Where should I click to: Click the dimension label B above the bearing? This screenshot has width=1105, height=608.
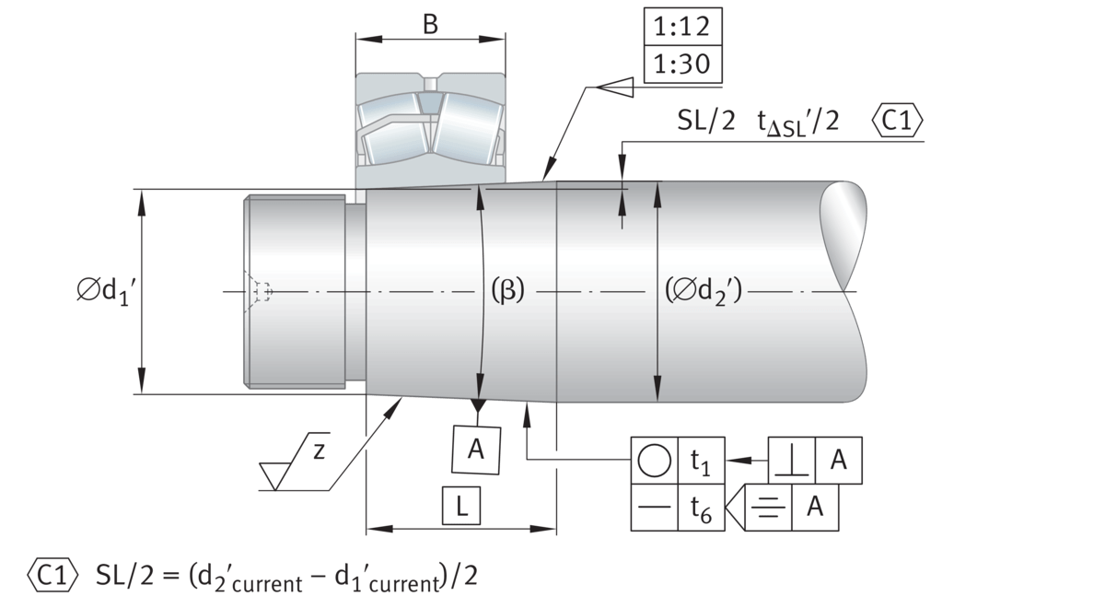pyautogui.click(x=430, y=25)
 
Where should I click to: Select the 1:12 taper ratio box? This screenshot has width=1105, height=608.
pyautogui.click(x=682, y=27)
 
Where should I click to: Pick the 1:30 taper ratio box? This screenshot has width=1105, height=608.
pyautogui.click(x=682, y=65)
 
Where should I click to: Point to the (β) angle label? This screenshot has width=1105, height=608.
pyautogui.click(x=506, y=291)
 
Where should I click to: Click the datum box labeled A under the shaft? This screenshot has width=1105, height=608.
pyautogui.click(x=476, y=450)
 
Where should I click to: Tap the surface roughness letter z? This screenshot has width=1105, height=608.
pyautogui.click(x=317, y=450)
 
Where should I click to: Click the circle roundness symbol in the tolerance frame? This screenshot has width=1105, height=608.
pyautogui.click(x=654, y=461)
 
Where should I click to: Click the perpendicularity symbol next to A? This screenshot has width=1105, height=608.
pyautogui.click(x=791, y=461)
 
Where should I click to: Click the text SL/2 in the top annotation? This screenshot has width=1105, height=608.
pyautogui.click(x=706, y=123)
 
